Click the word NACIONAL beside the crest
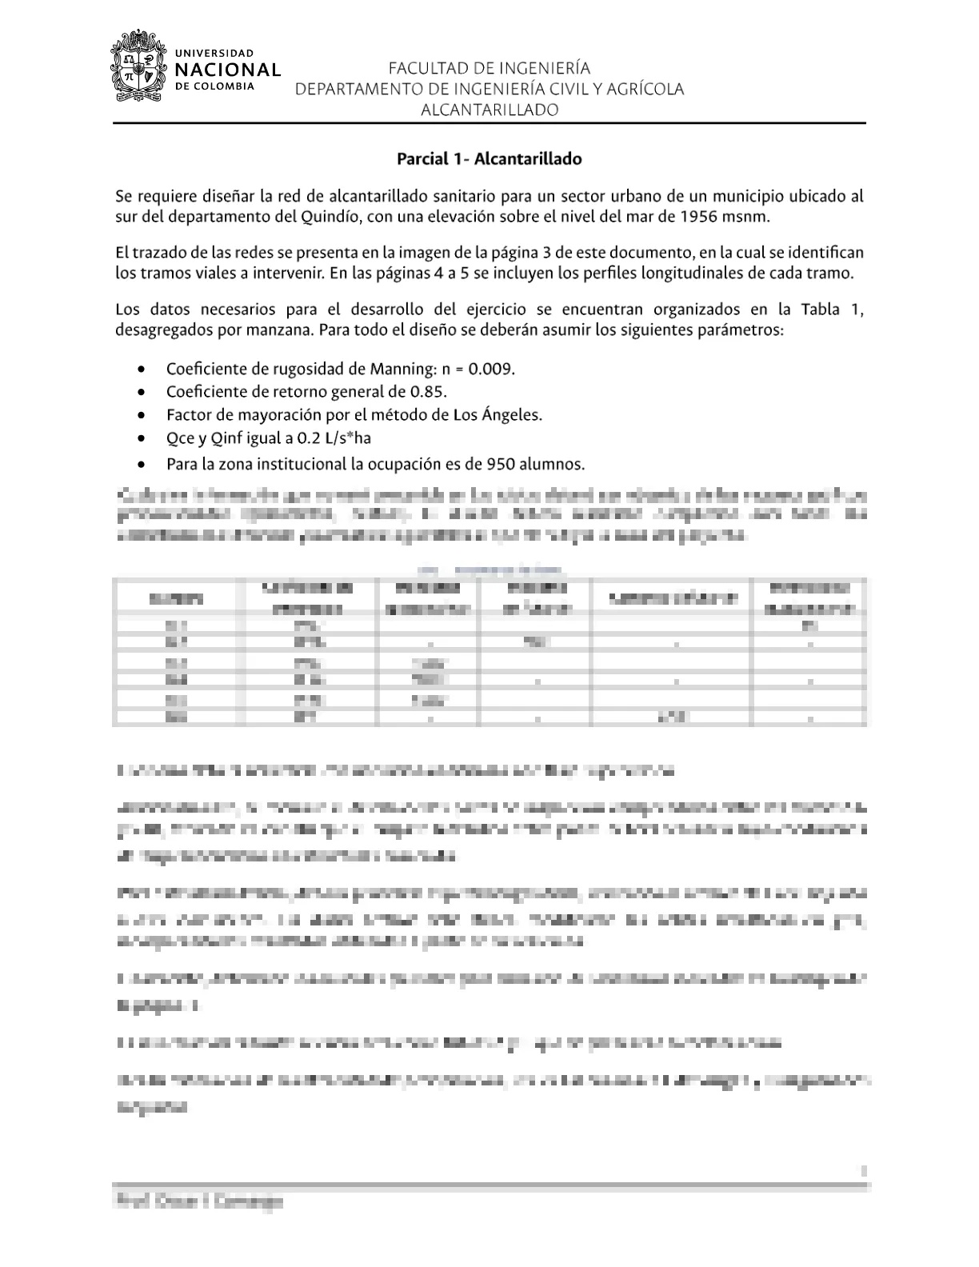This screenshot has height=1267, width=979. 228,70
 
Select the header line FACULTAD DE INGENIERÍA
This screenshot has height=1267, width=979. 489,68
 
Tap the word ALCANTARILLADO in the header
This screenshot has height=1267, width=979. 489,110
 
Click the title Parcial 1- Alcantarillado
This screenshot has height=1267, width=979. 489,158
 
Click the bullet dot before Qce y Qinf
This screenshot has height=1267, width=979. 142,439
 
